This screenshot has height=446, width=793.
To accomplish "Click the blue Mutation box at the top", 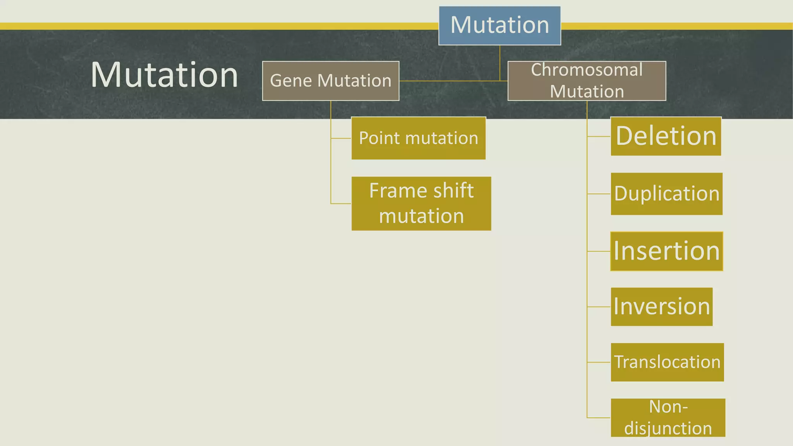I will pyautogui.click(x=499, y=26).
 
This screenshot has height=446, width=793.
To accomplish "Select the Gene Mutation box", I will pyautogui.click(x=330, y=81).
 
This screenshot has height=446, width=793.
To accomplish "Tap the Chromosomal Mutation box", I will pyautogui.click(x=587, y=81).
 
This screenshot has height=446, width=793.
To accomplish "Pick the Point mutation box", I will pyautogui.click(x=418, y=138).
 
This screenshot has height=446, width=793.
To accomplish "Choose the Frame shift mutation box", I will pyautogui.click(x=421, y=204).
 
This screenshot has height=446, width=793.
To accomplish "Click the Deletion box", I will pyautogui.click(x=666, y=136).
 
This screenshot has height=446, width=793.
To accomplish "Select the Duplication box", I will pyautogui.click(x=666, y=194).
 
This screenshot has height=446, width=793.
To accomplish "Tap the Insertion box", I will pyautogui.click(x=666, y=251).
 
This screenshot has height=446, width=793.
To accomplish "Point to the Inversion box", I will pyautogui.click(x=661, y=307).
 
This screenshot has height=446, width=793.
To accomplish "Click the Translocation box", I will pyautogui.click(x=667, y=362).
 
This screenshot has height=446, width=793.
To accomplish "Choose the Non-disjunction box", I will pyautogui.click(x=668, y=418).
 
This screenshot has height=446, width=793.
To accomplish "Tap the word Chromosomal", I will pyautogui.click(x=587, y=70).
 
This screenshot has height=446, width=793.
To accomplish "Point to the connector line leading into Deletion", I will pyautogui.click(x=599, y=136).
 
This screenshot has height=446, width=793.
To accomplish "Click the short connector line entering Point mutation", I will pyautogui.click(x=341, y=138).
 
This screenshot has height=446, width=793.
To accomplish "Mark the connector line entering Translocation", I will pyautogui.click(x=599, y=362).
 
